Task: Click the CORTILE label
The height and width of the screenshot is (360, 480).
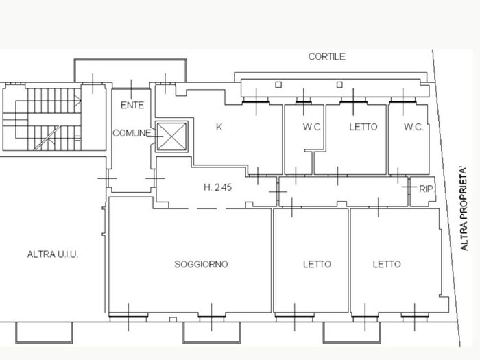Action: (326, 57)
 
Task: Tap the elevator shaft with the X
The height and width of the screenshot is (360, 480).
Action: (171, 136)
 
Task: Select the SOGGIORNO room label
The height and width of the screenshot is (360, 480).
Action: (201, 264)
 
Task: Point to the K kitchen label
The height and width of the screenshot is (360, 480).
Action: (219, 127)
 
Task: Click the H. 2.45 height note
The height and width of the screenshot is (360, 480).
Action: (218, 187)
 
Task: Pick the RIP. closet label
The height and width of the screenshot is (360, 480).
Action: (426, 189)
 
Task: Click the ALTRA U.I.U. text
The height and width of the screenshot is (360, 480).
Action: (53, 254)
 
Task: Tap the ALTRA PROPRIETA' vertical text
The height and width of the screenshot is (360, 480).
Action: (464, 208)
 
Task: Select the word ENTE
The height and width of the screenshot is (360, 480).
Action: (132, 106)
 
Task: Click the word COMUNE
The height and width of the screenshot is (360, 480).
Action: (132, 133)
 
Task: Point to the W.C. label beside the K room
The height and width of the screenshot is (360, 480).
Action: (313, 127)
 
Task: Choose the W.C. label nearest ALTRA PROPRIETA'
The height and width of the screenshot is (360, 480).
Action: (413, 127)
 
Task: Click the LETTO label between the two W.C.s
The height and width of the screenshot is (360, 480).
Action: (363, 127)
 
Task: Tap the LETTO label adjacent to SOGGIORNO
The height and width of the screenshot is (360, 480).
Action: (317, 264)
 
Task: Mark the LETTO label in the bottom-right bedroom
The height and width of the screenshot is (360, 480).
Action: (387, 264)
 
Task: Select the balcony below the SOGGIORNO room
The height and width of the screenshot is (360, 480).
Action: (212, 332)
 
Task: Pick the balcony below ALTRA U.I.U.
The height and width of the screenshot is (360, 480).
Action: (44, 333)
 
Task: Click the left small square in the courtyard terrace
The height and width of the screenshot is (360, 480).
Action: (278, 84)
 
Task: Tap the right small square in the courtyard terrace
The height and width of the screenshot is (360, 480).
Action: (339, 84)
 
